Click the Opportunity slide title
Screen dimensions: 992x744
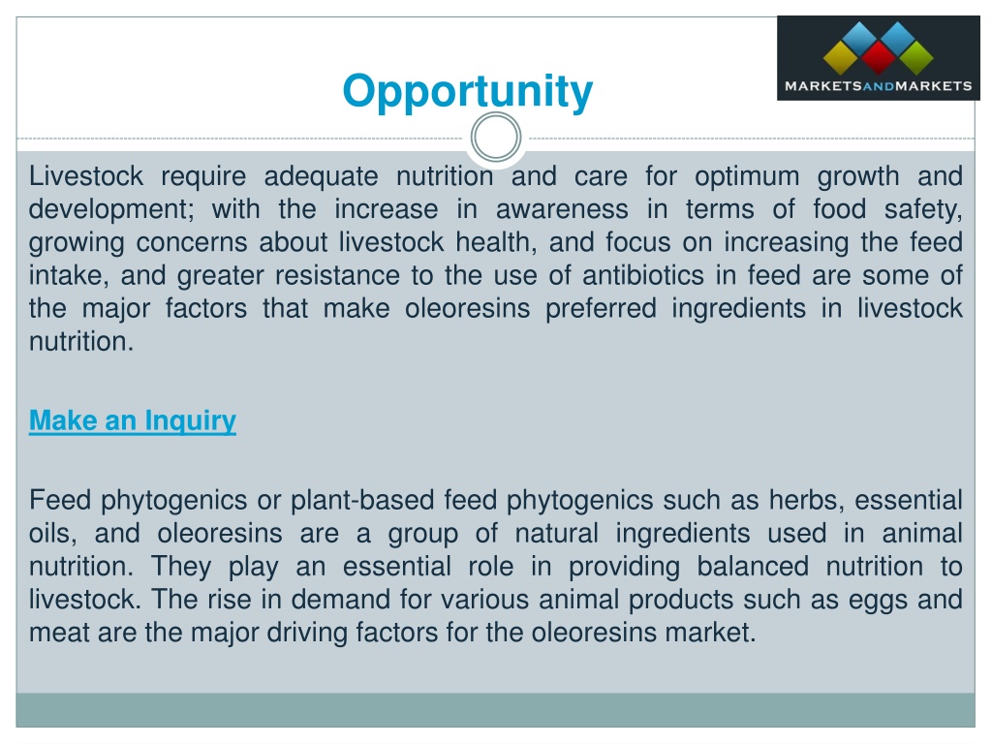[x=468, y=93]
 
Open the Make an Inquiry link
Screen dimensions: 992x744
[x=132, y=421]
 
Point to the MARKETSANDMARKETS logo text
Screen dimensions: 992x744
[x=878, y=86]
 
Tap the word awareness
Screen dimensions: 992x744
[x=562, y=209]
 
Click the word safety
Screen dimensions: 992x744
[x=923, y=210]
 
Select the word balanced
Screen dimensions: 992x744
[x=752, y=566]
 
